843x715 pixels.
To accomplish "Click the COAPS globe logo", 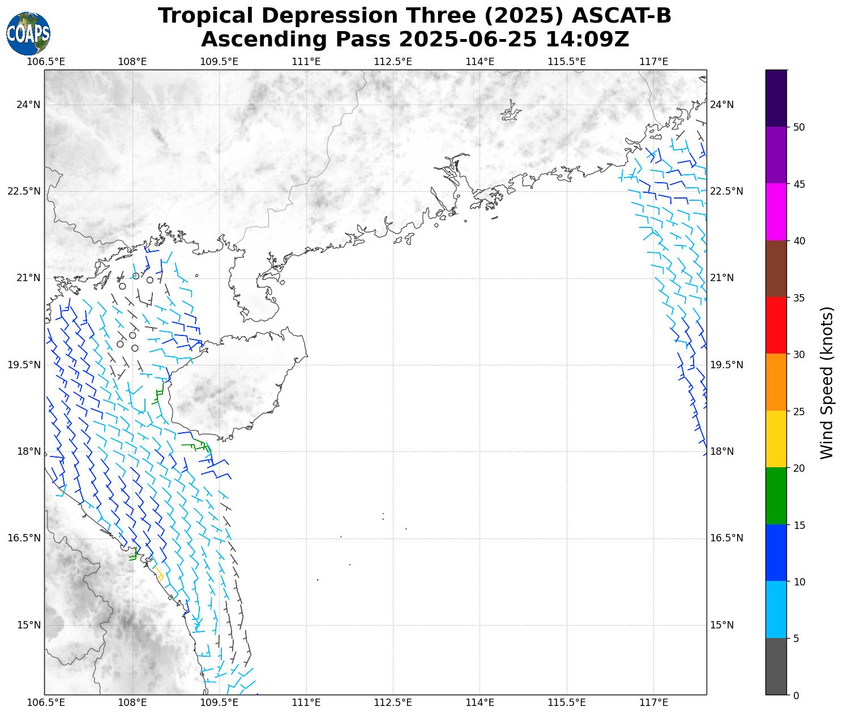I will coord(28,34).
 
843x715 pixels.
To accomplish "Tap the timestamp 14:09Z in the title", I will coord(587,40).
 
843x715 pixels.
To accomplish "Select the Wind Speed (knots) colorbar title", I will coord(827,382).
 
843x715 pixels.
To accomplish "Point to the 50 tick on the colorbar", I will coord(799,127).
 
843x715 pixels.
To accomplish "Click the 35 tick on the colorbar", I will coord(799,298).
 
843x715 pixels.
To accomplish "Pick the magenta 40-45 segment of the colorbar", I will coord(776,212).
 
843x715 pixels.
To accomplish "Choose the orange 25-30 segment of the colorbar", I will coord(776,382).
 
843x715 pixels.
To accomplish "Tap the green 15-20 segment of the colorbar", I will coord(776,496).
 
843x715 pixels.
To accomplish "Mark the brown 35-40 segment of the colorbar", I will coord(776,269).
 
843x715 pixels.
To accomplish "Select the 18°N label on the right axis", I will coord(722,451).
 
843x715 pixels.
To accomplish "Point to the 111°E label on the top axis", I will coord(306,62).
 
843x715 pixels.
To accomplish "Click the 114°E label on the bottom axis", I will coord(480,703).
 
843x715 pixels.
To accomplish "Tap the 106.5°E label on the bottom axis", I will coord(46,703).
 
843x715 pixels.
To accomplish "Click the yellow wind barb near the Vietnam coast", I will coord(159,574).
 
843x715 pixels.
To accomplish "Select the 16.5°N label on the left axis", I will coord(24,538).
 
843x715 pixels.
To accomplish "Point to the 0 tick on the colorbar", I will coord(797,696).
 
